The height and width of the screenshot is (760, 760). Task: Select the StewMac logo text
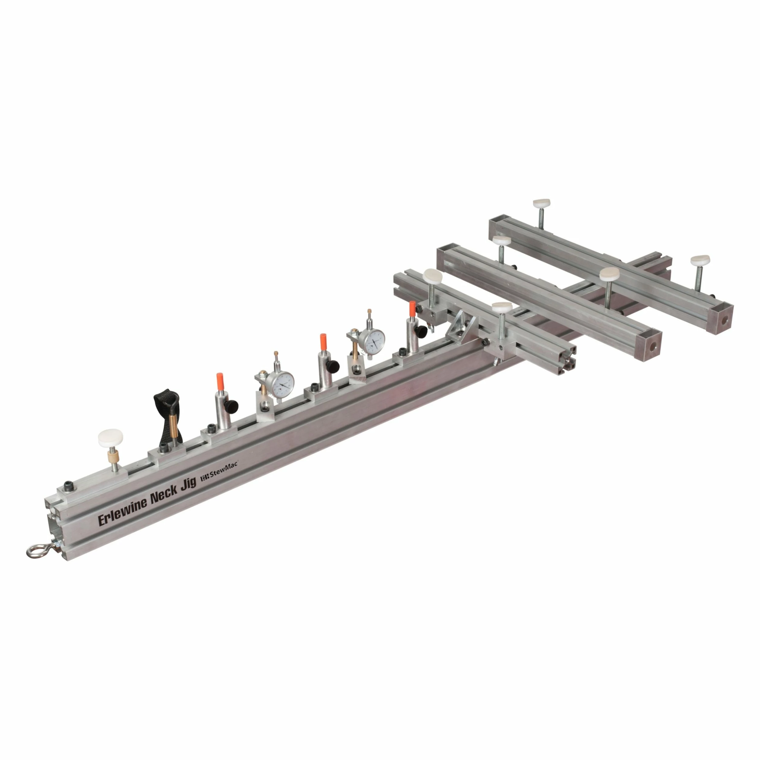pyautogui.click(x=222, y=475)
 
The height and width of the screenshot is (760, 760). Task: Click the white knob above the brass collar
pyautogui.click(x=110, y=437)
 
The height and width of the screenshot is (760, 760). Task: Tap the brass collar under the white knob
pyautogui.click(x=113, y=458)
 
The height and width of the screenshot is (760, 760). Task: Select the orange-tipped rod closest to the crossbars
pyautogui.click(x=412, y=309)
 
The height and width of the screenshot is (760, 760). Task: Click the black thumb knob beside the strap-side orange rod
pyautogui.click(x=232, y=405)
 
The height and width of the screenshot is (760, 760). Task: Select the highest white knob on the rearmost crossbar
pyautogui.click(x=541, y=204)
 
